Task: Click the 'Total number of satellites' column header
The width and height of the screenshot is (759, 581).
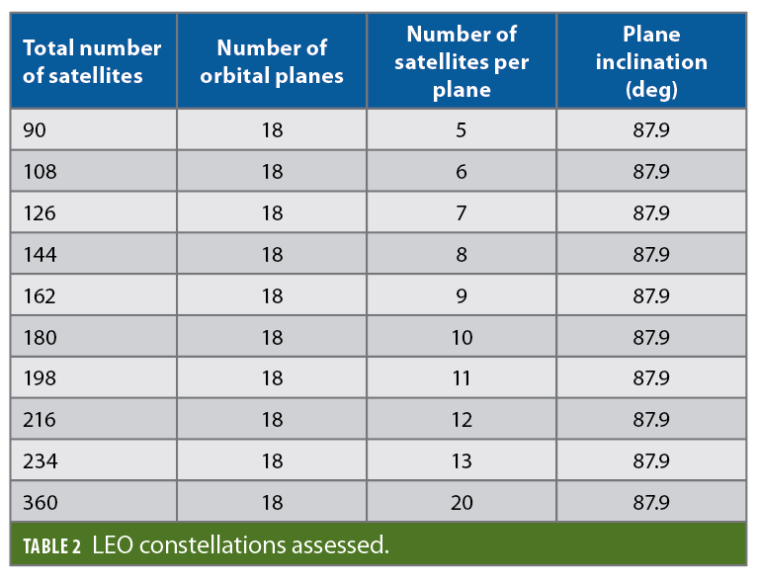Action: point(92,61)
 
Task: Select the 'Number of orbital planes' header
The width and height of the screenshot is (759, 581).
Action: point(272,61)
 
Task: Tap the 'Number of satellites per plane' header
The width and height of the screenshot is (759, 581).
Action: point(462,61)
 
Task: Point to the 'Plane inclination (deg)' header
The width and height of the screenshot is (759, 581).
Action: point(651,61)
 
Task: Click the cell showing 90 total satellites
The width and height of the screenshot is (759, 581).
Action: point(35,130)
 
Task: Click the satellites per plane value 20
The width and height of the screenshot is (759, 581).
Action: point(462,503)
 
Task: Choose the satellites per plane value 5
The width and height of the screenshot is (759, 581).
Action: point(462,130)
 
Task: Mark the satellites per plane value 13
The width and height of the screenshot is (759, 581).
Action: point(462,461)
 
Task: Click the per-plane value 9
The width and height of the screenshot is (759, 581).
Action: point(462,296)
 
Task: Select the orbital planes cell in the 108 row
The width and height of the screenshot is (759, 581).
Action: point(272,172)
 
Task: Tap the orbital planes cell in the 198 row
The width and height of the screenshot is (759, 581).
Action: point(272,378)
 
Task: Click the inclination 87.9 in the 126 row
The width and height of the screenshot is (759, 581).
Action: point(651,213)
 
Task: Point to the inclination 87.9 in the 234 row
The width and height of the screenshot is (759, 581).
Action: point(651,461)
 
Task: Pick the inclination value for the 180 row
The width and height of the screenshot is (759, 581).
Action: point(651,338)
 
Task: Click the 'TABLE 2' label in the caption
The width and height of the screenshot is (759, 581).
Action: point(51,545)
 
